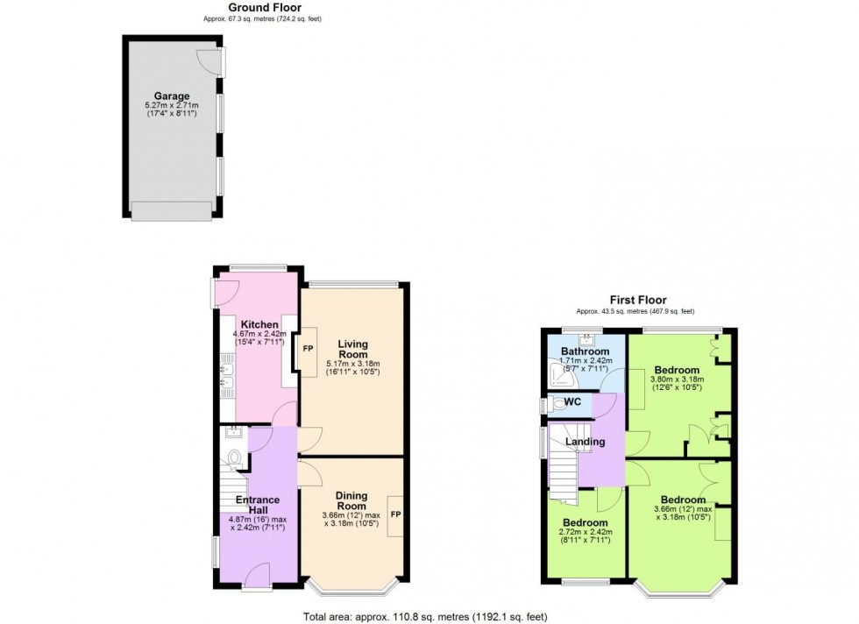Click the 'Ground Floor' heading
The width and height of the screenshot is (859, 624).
[x=264, y=8]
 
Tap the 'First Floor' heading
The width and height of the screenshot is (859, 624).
[x=634, y=299]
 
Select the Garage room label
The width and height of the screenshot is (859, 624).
[x=172, y=96]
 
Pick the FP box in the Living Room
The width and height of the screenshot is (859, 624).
[x=308, y=348]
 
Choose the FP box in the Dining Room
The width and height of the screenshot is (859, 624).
[x=395, y=514]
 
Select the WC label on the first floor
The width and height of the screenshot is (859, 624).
[x=572, y=402]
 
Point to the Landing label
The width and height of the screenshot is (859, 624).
[x=585, y=442]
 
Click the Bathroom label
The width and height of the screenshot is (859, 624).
[x=585, y=351]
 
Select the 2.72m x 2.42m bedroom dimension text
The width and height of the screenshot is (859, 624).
[x=586, y=532]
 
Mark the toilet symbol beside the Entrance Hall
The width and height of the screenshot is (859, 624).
[x=233, y=457]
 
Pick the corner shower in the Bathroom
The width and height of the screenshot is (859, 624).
[x=557, y=378]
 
